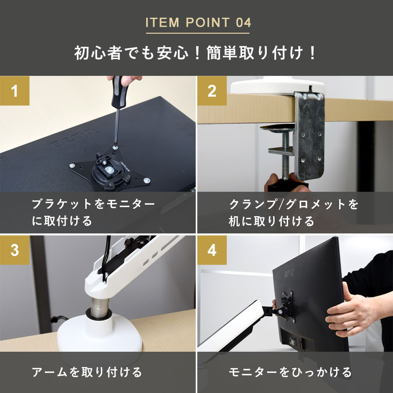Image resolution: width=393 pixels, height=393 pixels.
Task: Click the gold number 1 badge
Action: [15, 91]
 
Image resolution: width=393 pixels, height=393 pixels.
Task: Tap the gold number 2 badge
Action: [212, 91]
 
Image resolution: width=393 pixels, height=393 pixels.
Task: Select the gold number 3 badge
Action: [15, 250]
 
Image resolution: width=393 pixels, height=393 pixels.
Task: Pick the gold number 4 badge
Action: [212, 250]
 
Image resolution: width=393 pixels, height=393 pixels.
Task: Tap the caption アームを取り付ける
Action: [86, 372]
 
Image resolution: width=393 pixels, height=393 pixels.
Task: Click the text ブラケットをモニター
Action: [93, 204]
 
